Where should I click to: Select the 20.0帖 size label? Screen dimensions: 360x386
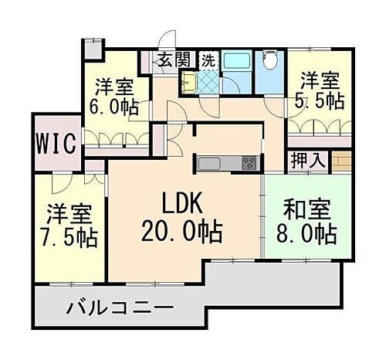tap(182, 231)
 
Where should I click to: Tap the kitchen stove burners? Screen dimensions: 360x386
tap(250, 162)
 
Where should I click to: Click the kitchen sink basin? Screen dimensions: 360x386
tap(211, 162)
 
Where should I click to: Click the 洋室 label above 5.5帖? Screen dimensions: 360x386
tap(319, 79)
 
